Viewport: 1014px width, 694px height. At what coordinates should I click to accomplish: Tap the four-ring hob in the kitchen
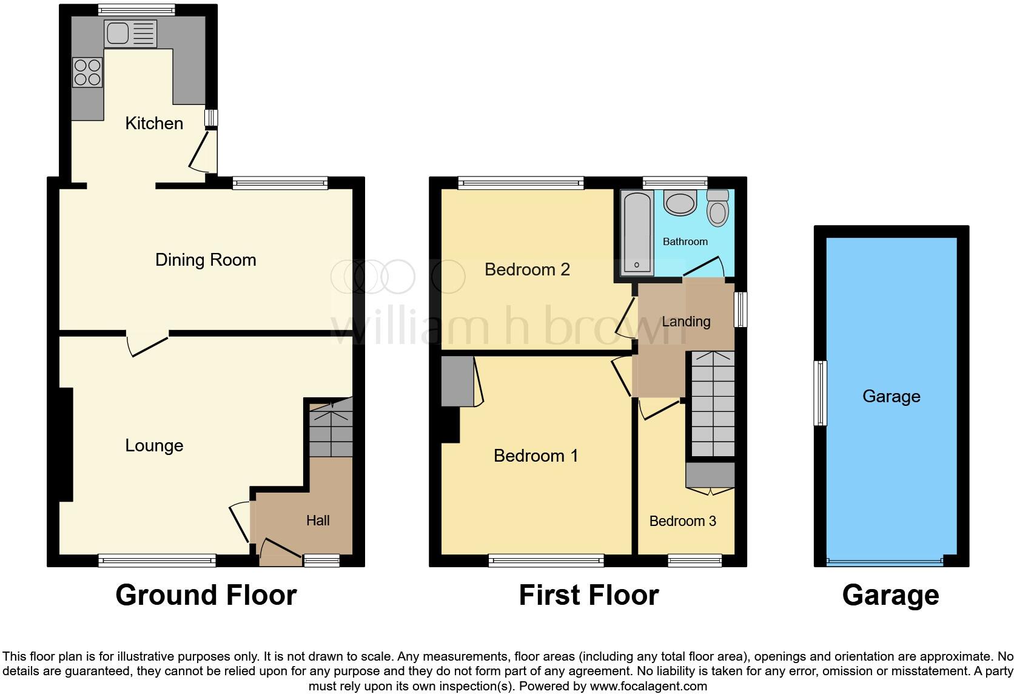(87, 72)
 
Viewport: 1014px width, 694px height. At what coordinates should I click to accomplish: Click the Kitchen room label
(154, 124)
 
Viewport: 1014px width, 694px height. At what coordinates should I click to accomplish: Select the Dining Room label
(206, 260)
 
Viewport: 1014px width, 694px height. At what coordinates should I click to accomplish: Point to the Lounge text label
(154, 446)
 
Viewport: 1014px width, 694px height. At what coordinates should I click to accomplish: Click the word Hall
(318, 520)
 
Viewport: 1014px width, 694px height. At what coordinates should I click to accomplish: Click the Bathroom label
(685, 242)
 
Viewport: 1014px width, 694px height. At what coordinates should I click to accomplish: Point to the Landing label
(686, 322)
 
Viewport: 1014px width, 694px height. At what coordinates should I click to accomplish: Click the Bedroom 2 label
(527, 270)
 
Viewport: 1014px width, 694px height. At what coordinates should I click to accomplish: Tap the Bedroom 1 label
(536, 456)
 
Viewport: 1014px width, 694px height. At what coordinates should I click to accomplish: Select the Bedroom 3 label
(682, 521)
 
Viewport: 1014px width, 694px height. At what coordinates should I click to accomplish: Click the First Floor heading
(588, 596)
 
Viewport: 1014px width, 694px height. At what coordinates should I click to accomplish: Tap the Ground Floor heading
(206, 596)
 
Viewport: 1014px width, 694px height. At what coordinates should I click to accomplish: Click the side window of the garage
(820, 392)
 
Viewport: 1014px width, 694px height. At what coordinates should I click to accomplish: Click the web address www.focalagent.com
(648, 687)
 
